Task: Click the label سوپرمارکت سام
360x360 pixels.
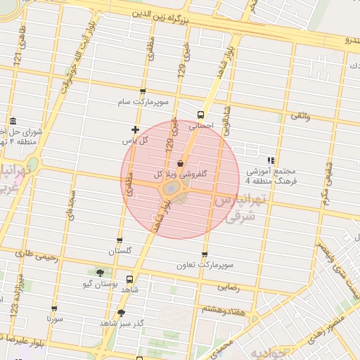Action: point(143,102)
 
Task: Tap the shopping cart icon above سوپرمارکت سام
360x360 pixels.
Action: point(143,92)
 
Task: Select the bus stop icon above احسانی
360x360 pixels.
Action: point(202,114)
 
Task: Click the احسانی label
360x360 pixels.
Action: point(201,125)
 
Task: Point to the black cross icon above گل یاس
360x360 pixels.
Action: point(135,129)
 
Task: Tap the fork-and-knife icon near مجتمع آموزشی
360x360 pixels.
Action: point(271,161)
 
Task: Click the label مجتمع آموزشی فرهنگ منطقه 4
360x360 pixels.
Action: point(271,176)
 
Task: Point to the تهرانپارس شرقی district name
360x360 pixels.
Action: point(236,209)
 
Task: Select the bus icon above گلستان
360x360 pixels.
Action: point(120,240)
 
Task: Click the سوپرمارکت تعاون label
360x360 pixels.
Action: point(205,266)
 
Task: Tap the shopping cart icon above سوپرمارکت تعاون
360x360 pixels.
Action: point(205,255)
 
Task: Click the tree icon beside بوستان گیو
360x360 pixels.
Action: point(100,272)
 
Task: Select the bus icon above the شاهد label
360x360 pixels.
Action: point(129,278)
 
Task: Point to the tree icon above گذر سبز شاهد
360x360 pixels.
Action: point(122,313)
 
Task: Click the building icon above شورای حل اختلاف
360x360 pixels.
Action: point(13,122)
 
